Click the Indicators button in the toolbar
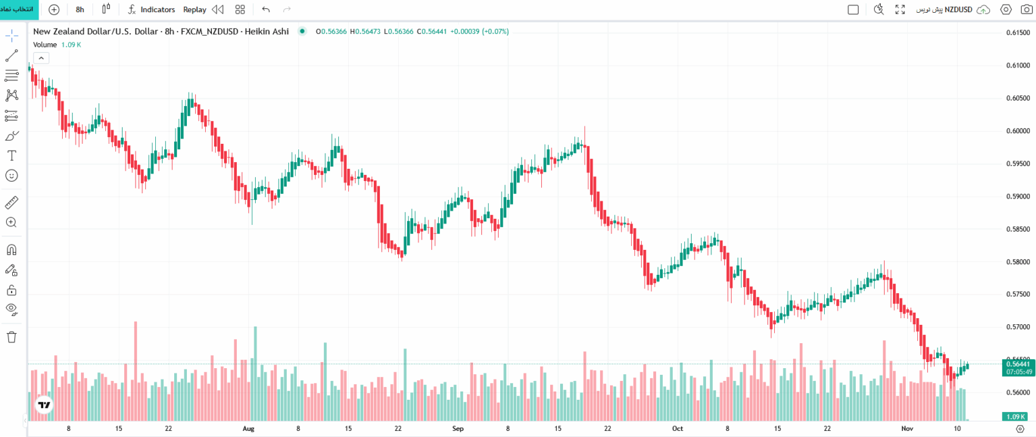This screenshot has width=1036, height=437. pos(151,9)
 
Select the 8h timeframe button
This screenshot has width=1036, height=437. pos(80,9)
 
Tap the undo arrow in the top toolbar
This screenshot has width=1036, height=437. pos(266,9)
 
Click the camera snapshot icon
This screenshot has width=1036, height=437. pos(1026,9)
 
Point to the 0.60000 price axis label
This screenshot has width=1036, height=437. pos(1018,131)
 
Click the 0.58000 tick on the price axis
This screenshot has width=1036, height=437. pos(1018,262)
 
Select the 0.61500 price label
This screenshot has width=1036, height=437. pos(1018,33)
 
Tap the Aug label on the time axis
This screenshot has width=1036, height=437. pos(248,428)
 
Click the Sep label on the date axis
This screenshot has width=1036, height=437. pos(458,428)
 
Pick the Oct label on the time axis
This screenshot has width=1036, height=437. pos(678,428)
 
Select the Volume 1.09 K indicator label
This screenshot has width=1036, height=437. pos(57,45)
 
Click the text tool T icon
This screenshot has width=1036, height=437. pos(11,155)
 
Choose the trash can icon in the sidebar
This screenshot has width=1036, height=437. pos(11,336)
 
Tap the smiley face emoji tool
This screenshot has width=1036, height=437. pos(11,176)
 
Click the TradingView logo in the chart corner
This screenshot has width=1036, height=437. pos(44,405)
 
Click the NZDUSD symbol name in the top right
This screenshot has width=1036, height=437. pos(958,9)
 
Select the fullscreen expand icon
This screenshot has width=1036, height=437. pos(900,9)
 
